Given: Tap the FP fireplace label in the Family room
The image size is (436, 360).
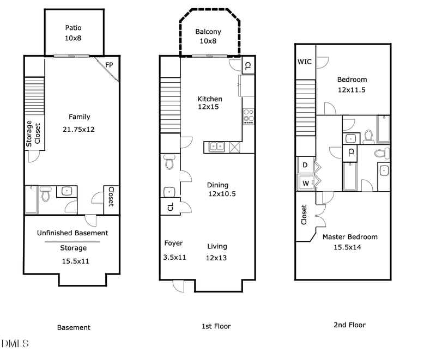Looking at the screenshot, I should pos(109,64).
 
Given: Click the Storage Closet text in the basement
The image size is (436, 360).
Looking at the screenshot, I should pos(33,134).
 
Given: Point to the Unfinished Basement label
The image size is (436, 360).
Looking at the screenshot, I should pos(72,233).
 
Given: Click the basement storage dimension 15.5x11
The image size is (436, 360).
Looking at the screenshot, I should pos(75,261).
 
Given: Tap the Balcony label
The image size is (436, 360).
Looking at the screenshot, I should pos(208,32).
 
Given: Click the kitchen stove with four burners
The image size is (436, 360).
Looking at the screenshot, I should pos(249,116).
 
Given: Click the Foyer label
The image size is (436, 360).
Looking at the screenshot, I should pos(174,243).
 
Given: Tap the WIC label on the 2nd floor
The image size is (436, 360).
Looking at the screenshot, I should pos(305,62).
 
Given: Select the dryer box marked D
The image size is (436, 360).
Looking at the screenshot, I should pos(305,164).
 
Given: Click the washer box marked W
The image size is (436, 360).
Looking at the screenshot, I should pos(305,182).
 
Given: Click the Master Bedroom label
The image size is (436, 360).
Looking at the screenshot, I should pos(349,237).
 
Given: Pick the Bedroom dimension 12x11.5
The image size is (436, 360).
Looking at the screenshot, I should pos(352,89).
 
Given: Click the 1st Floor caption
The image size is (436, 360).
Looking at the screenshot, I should pos(216,326).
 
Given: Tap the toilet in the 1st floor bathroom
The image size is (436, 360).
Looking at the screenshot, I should pos(169,162).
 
